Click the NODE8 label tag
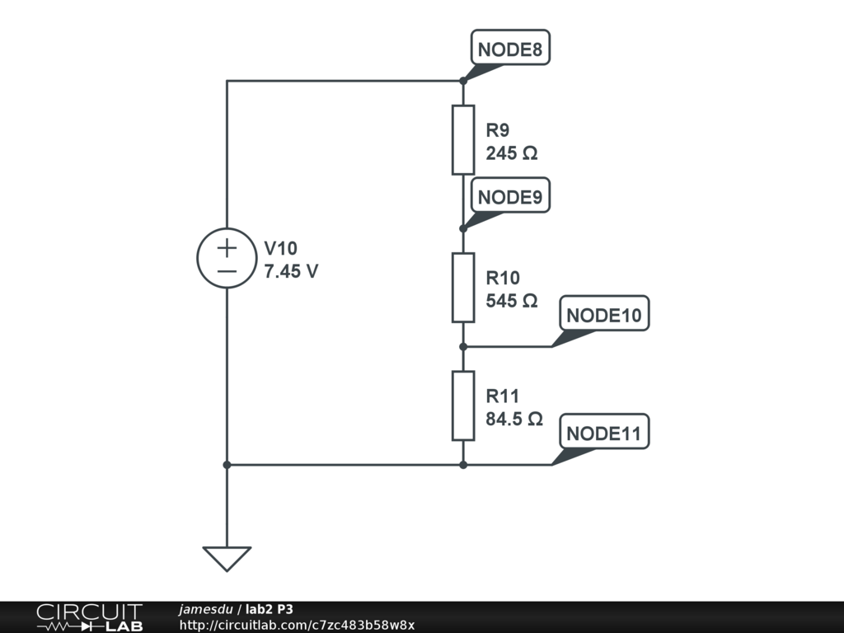coord(510,49)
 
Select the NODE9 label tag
coord(510,198)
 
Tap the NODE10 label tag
coord(604,316)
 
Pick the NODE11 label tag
coord(604,434)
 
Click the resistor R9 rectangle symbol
coord(463,140)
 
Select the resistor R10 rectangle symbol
coord(463,288)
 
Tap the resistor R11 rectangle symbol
coord(463,406)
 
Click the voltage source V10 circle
coord(227,259)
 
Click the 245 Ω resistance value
coord(512,153)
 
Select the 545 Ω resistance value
coord(512,301)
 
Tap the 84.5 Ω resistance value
coord(514,419)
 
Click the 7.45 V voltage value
coord(291,271)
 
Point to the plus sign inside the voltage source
coord(227,247)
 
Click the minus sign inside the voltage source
coord(227,271)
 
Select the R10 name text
coord(503,278)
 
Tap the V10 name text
coord(281,248)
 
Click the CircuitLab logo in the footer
coord(88,617)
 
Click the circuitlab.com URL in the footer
coord(297,625)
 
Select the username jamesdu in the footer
coord(206,610)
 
